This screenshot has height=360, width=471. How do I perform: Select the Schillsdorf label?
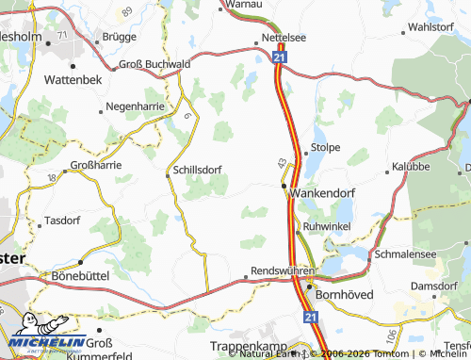coord(198,171)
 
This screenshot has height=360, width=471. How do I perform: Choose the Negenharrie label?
coord(138,106)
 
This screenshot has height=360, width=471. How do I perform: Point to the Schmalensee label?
coord(406,254)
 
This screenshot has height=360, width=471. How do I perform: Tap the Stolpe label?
coord(325,148)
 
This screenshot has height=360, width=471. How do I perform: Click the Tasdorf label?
coord(63,221)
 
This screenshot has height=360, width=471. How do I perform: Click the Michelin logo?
coord(45,336)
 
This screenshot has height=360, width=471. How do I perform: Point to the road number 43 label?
coord(281,163)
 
